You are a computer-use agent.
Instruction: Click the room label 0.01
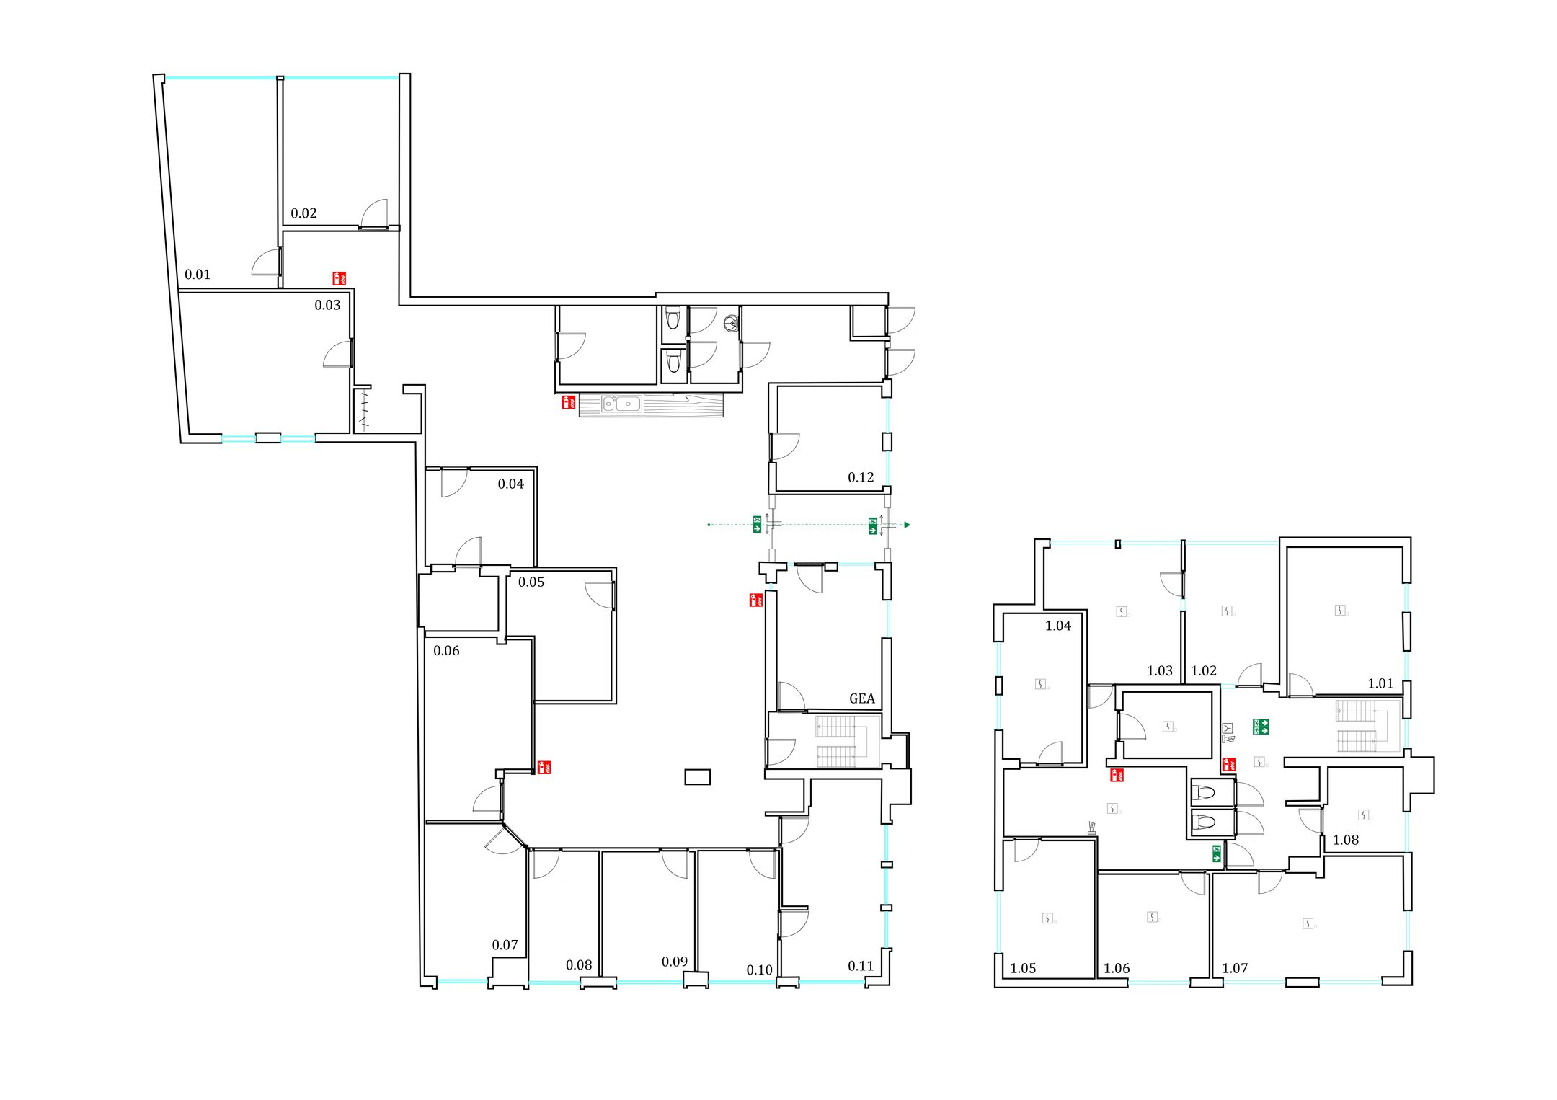(198, 275)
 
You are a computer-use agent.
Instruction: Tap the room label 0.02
(303, 213)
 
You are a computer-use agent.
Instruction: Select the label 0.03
(327, 306)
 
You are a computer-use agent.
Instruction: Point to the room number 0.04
(511, 484)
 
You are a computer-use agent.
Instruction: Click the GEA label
(862, 698)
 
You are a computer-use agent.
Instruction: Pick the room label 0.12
(861, 478)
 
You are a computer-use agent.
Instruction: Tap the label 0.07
(505, 945)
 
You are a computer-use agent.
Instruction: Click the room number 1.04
(1058, 626)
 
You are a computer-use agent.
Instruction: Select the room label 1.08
(1346, 840)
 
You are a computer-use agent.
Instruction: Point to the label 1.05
(1024, 969)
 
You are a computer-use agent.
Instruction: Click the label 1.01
(1381, 684)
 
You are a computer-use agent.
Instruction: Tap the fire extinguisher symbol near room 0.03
(339, 278)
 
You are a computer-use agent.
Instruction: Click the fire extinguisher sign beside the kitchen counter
(569, 402)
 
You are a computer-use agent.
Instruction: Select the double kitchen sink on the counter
(621, 404)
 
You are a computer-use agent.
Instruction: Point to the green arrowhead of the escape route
(908, 525)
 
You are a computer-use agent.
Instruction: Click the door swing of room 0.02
(374, 214)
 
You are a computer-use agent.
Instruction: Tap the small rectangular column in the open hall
(697, 777)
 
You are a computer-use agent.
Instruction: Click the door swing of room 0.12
(786, 447)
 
